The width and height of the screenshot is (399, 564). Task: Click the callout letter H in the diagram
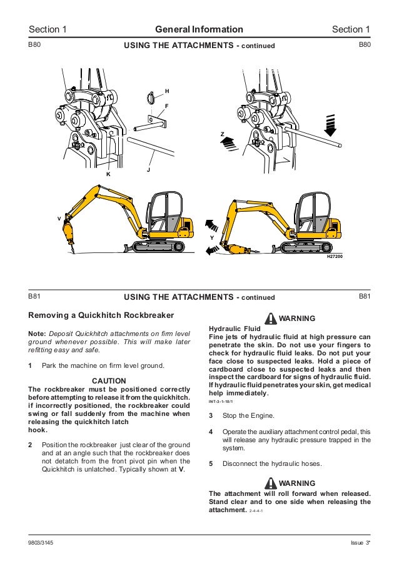point(167,91)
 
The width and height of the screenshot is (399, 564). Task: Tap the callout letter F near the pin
point(166,106)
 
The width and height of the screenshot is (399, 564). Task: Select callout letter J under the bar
point(148,169)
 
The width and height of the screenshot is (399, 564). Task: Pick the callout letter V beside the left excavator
point(59,219)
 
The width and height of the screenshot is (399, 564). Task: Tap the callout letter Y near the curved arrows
point(213,238)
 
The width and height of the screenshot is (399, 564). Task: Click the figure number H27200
point(336,257)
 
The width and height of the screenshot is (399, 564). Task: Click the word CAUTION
point(109,380)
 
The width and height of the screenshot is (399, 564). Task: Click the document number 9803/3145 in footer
point(41,542)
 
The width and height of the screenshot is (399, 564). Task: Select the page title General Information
point(199,29)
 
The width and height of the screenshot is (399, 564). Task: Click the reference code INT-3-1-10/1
point(224,402)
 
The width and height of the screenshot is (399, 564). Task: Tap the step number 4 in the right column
point(211,432)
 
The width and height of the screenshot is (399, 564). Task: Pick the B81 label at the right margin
point(365,295)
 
